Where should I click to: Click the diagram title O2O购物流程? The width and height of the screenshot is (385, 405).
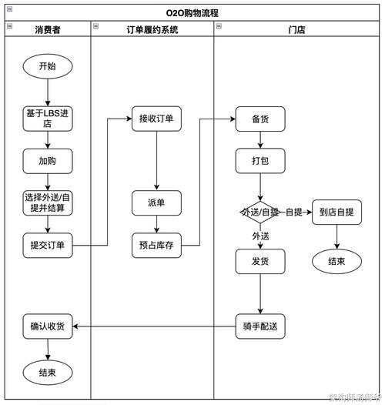(x=192, y=12)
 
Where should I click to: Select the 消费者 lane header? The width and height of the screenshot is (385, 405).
(x=48, y=29)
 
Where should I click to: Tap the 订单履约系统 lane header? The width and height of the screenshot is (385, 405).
(x=152, y=29)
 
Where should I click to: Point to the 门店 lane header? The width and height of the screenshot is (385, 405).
(x=297, y=29)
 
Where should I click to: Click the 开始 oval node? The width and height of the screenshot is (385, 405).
(x=47, y=66)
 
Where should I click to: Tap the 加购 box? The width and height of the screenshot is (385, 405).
(x=47, y=162)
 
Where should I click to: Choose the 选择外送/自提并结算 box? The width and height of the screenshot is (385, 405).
(x=47, y=202)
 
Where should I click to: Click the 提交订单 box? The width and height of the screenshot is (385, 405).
(x=47, y=246)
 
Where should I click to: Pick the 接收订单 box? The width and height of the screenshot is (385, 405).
(x=156, y=119)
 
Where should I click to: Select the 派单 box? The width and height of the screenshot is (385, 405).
(x=156, y=203)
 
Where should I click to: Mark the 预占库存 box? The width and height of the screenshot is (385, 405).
(x=156, y=246)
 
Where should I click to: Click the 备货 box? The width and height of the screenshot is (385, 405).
(x=260, y=119)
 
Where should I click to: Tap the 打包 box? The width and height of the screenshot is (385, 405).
(x=260, y=161)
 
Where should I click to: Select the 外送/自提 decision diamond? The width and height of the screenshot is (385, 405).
(x=260, y=212)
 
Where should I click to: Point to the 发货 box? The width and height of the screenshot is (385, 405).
(x=260, y=261)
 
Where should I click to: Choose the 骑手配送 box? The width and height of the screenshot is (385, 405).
(x=260, y=326)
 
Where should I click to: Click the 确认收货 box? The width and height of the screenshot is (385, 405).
(x=47, y=326)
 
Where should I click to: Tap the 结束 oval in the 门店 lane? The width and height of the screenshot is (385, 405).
(x=336, y=261)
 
